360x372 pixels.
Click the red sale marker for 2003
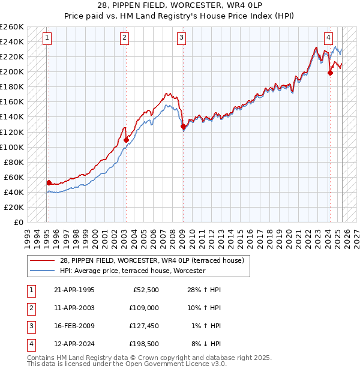(x=126, y=140)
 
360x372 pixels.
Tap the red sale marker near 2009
(x=182, y=127)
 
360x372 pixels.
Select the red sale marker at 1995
(x=49, y=182)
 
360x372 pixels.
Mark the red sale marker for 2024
(x=329, y=73)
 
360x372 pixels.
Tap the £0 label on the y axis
(x=18, y=222)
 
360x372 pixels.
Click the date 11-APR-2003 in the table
(x=74, y=308)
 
